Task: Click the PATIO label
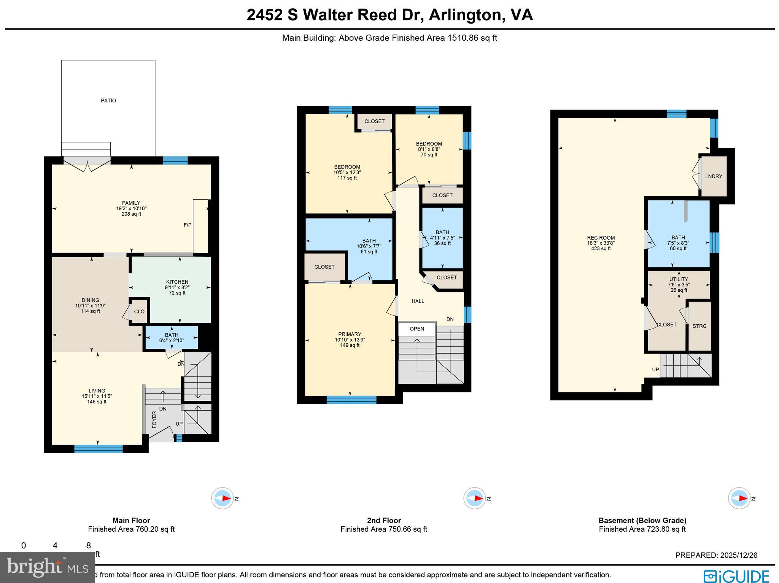click(x=108, y=100)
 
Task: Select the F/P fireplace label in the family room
click(x=188, y=225)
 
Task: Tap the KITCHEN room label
click(x=177, y=282)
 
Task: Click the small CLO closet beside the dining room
click(x=139, y=311)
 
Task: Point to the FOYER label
click(x=154, y=419)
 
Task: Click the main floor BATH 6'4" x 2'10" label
click(x=172, y=337)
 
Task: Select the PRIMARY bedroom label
click(x=350, y=334)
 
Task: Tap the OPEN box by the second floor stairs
click(x=417, y=329)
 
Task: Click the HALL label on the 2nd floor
click(x=418, y=301)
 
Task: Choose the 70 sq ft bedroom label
click(x=429, y=149)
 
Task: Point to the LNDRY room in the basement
click(x=713, y=176)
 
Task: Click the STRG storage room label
click(x=700, y=326)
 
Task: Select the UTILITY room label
click(x=679, y=279)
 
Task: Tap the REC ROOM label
click(x=601, y=238)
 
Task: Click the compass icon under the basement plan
click(x=739, y=498)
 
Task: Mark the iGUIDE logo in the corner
click(x=736, y=576)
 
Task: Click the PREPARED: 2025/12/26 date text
click(x=716, y=555)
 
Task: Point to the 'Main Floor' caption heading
click(x=131, y=520)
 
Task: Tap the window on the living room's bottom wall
click(x=98, y=449)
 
